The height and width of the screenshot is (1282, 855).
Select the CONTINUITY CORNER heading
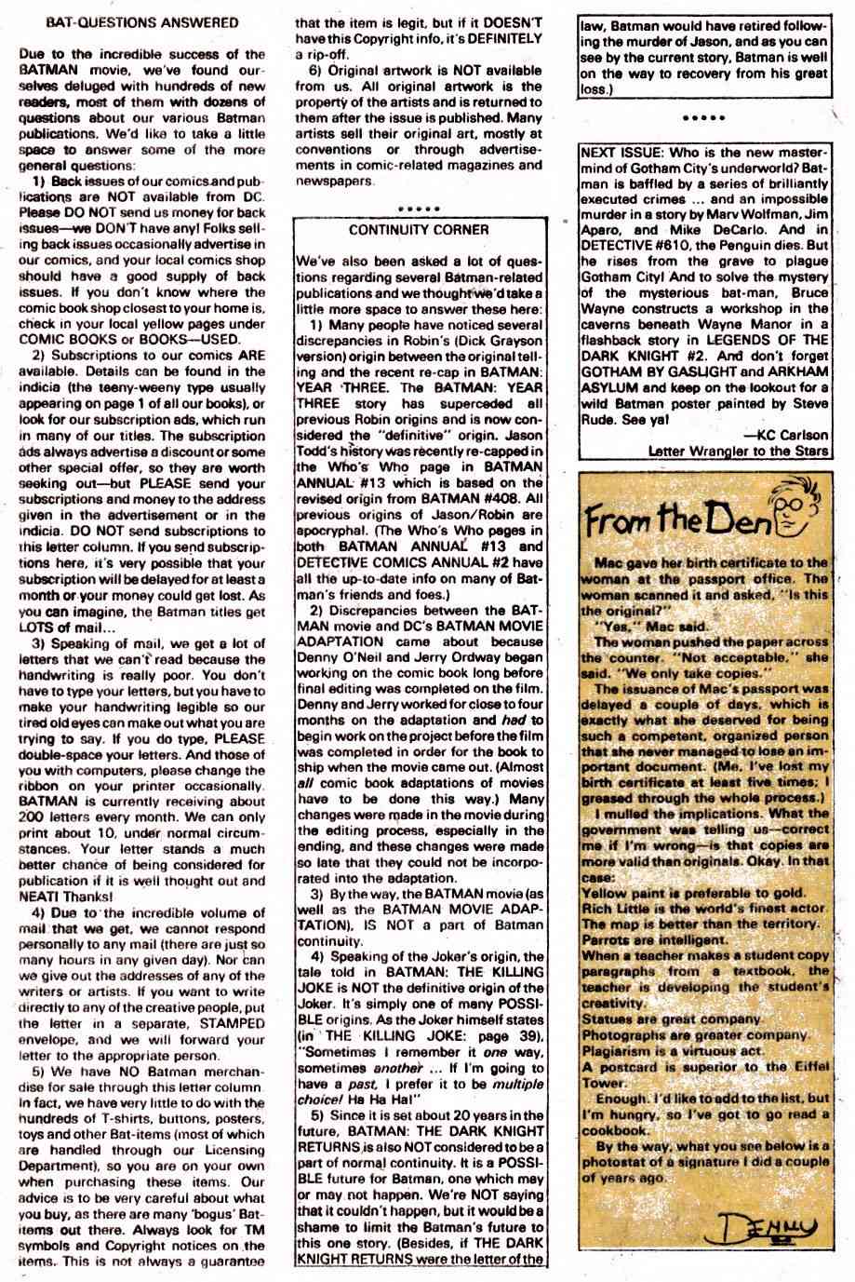419,229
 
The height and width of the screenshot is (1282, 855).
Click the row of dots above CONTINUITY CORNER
418,208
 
